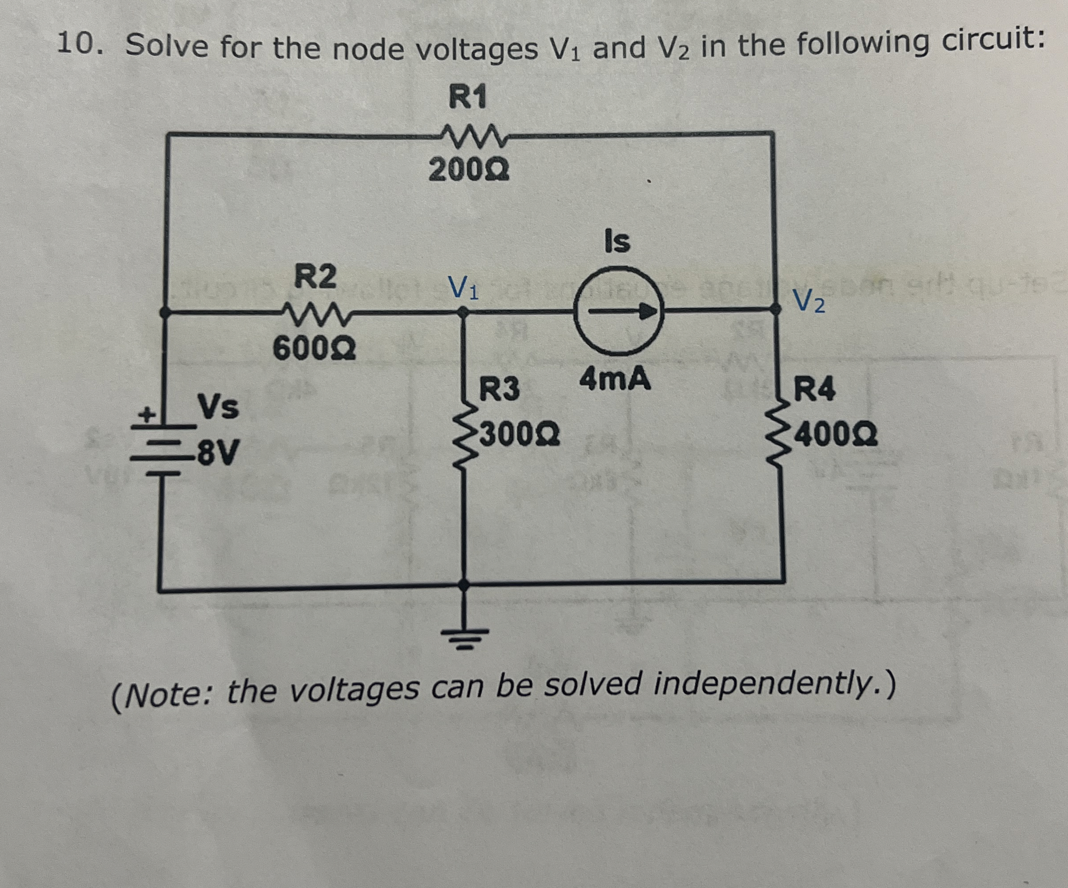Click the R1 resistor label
(x=468, y=97)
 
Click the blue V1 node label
(x=462, y=288)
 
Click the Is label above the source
(x=618, y=241)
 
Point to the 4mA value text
(x=615, y=379)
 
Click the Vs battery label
(x=218, y=407)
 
